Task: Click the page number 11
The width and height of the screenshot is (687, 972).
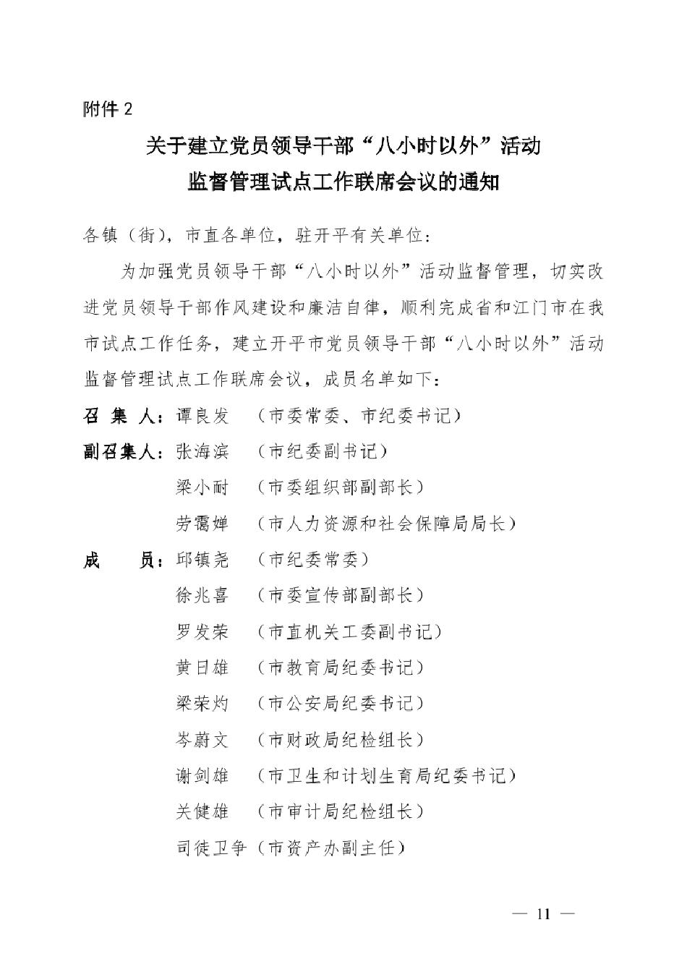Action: [543, 913]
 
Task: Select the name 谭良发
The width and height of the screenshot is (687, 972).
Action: [202, 416]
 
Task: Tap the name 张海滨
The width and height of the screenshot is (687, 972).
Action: [202, 452]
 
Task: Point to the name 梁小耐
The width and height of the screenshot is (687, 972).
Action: [202, 487]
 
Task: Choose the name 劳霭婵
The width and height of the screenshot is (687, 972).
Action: [202, 524]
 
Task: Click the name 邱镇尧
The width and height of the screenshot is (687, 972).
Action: [202, 560]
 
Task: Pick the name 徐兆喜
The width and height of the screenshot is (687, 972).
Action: [202, 595]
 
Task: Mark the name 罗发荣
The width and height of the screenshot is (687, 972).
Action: [202, 631]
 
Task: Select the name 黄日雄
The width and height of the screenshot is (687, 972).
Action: [202, 668]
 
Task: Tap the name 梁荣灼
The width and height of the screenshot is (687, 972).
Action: [202, 703]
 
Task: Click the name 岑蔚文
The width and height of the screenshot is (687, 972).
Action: [202, 740]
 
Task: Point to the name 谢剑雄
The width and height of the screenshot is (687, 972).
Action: [202, 776]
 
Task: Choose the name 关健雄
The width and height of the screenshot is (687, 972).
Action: [202, 811]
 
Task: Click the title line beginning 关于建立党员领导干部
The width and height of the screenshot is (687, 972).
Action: [343, 146]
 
